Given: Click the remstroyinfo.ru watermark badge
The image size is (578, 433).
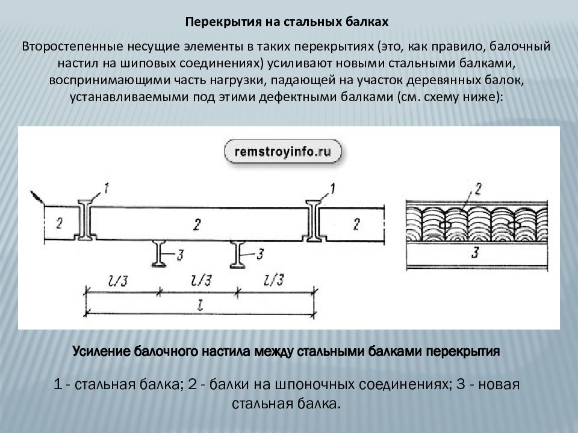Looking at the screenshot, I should click(x=282, y=152).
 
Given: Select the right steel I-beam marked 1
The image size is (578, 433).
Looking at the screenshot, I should click(x=314, y=221).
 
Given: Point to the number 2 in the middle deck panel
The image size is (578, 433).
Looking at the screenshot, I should click(x=197, y=224).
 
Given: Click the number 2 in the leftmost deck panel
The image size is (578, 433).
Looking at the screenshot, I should click(x=59, y=224).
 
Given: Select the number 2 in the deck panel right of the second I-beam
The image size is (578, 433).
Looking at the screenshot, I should click(x=356, y=224).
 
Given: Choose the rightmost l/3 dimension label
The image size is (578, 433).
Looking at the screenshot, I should click(x=275, y=280).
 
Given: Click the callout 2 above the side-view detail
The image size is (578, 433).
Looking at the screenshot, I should click(x=478, y=190).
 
